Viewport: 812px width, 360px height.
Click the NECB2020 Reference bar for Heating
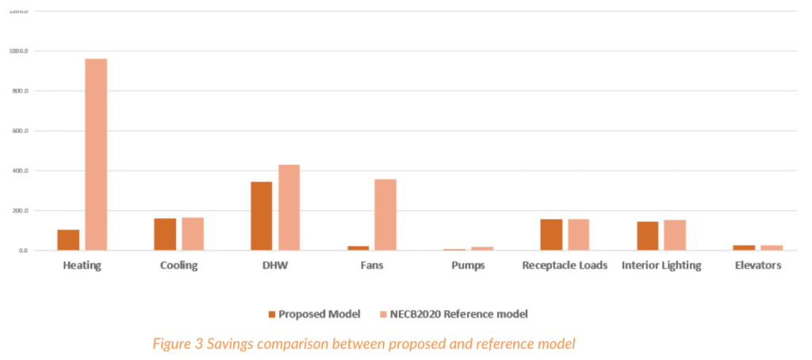96,155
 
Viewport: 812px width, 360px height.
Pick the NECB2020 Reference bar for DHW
289,208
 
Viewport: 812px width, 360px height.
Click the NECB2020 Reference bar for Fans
385,215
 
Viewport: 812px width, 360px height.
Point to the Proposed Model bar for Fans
358,248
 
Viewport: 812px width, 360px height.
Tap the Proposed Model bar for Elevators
745,248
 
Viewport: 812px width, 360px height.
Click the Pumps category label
469,266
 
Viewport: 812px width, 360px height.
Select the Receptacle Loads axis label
565,266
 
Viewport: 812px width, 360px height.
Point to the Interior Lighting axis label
661,266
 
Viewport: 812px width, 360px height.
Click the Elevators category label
758,266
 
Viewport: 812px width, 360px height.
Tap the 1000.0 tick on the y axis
18,51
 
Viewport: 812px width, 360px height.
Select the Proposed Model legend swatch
272,314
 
